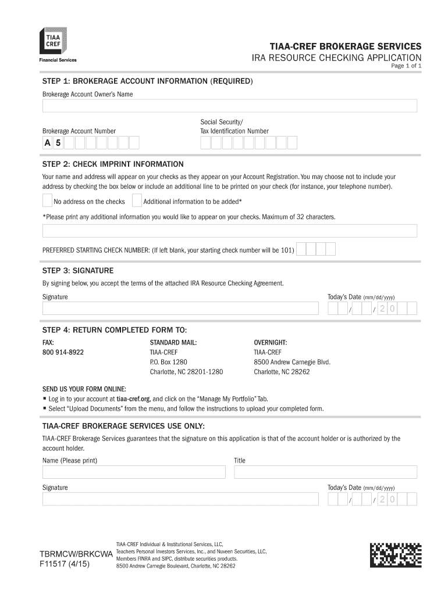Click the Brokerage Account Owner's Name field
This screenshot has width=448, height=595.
[229, 106]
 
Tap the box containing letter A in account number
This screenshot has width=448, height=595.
[47, 143]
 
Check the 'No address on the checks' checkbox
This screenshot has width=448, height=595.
[47, 201]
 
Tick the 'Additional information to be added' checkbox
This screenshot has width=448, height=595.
[137, 201]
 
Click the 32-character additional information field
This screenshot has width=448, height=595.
[229, 231]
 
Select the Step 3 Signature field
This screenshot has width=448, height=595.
[180, 308]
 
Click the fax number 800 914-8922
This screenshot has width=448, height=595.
[63, 353]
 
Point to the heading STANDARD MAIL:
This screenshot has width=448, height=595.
[173, 343]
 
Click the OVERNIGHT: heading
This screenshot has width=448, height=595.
[271, 343]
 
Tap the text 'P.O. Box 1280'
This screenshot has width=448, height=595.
[169, 362]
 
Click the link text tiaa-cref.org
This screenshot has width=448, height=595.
[133, 399]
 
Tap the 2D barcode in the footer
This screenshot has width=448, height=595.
[396, 555]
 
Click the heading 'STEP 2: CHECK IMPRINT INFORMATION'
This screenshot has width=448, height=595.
[113, 164]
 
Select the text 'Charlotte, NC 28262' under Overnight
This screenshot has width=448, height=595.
[282, 372]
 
